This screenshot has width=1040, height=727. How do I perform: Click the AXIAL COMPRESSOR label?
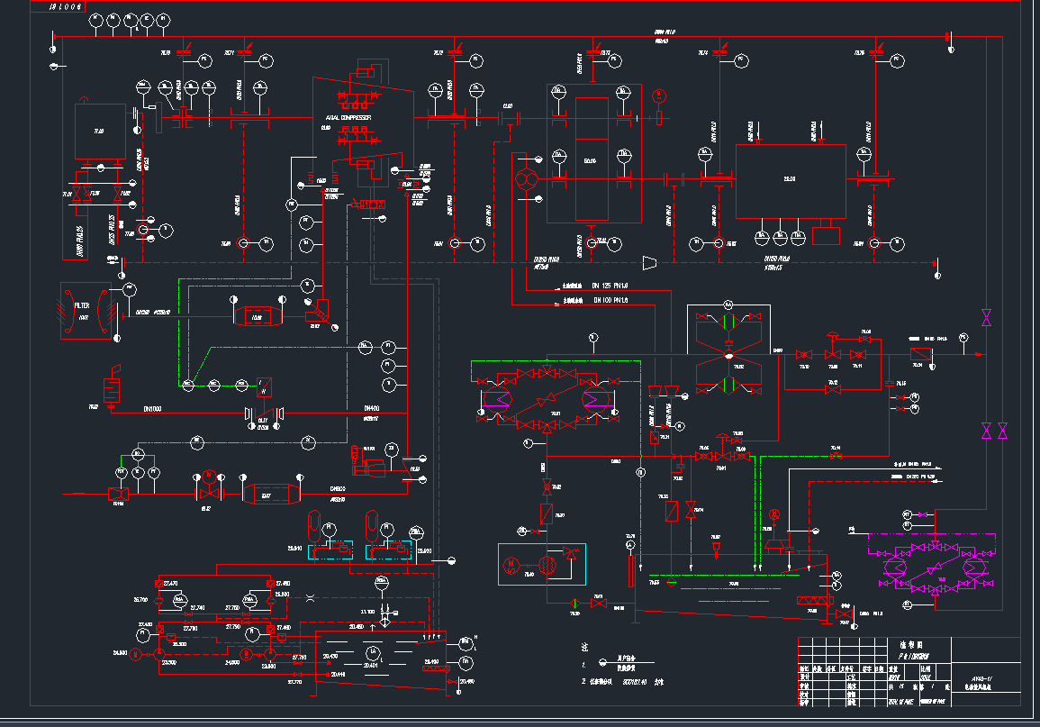348,118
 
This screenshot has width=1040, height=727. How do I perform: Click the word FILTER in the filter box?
83,306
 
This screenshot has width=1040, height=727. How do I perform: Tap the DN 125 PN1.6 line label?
610,286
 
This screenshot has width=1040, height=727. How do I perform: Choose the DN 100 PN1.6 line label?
610,300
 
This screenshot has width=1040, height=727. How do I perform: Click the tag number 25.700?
141,600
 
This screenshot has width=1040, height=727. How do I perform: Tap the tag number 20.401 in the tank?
370,666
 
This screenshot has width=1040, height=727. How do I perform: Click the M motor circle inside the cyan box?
511,565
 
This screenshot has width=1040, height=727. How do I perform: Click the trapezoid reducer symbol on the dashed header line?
647,262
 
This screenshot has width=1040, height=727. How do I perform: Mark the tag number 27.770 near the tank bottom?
295,682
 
